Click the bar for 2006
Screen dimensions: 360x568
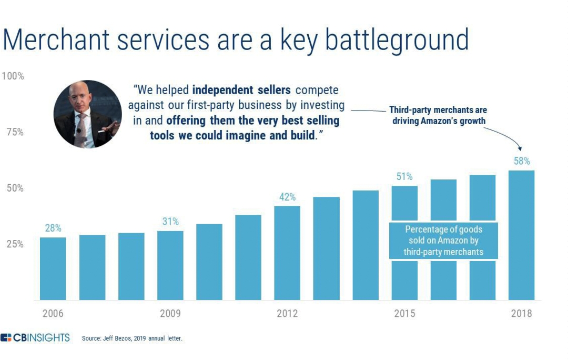pyautogui.click(x=53, y=268)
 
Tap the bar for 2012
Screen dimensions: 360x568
pyautogui.click(x=287, y=253)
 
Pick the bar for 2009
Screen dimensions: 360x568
pyautogui.click(x=170, y=265)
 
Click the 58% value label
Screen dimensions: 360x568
pyautogui.click(x=522, y=162)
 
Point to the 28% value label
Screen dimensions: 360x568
pyautogui.click(x=53, y=228)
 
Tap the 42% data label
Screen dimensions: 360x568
pyautogui.click(x=287, y=197)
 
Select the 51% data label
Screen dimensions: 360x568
pyautogui.click(x=404, y=177)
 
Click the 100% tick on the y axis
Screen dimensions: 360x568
pyautogui.click(x=13, y=76)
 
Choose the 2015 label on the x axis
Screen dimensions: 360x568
pyautogui.click(x=404, y=314)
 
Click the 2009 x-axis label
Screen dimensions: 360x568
pyautogui.click(x=170, y=314)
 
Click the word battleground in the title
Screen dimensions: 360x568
pyautogui.click(x=390, y=40)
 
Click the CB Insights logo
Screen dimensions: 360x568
pyautogui.click(x=35, y=337)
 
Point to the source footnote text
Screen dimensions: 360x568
pyautogui.click(x=132, y=338)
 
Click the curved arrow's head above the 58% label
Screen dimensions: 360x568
pyautogui.click(x=521, y=149)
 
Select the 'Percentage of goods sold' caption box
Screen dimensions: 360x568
pyautogui.click(x=443, y=241)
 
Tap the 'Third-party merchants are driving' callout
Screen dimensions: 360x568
pyautogui.click(x=438, y=116)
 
